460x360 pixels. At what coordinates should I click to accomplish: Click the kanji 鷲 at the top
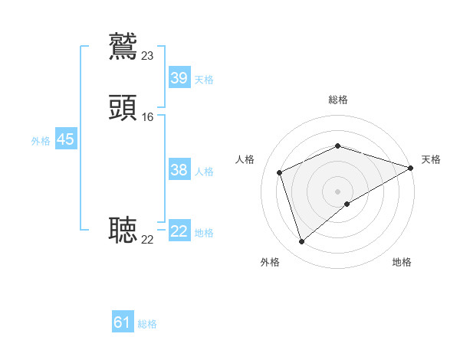(123, 46)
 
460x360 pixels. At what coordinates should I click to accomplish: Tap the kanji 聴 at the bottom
(123, 231)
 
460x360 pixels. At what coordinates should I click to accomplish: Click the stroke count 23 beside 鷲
(148, 55)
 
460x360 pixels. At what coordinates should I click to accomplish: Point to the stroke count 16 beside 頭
(148, 117)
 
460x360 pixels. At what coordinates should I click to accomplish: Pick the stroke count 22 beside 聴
(148, 240)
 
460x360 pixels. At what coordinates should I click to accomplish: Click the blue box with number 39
(179, 78)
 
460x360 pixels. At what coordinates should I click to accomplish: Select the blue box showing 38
(179, 170)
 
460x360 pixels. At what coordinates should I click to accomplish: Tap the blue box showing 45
(65, 139)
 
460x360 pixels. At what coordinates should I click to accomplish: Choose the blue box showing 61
(123, 322)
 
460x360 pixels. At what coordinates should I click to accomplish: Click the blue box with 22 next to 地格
(179, 231)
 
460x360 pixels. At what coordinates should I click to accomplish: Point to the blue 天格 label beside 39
(204, 80)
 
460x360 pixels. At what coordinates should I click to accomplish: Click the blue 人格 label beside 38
(204, 172)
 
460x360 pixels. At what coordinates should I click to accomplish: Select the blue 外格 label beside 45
(41, 141)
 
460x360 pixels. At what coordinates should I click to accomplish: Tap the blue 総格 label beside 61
(147, 324)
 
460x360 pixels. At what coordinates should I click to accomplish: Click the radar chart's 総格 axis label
(337, 100)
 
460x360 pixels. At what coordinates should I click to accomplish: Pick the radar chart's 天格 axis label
(431, 159)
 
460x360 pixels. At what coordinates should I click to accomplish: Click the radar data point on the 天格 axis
(411, 168)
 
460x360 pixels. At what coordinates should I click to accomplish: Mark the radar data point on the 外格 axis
(301, 242)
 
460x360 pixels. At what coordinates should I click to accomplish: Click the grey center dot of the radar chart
(337, 191)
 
